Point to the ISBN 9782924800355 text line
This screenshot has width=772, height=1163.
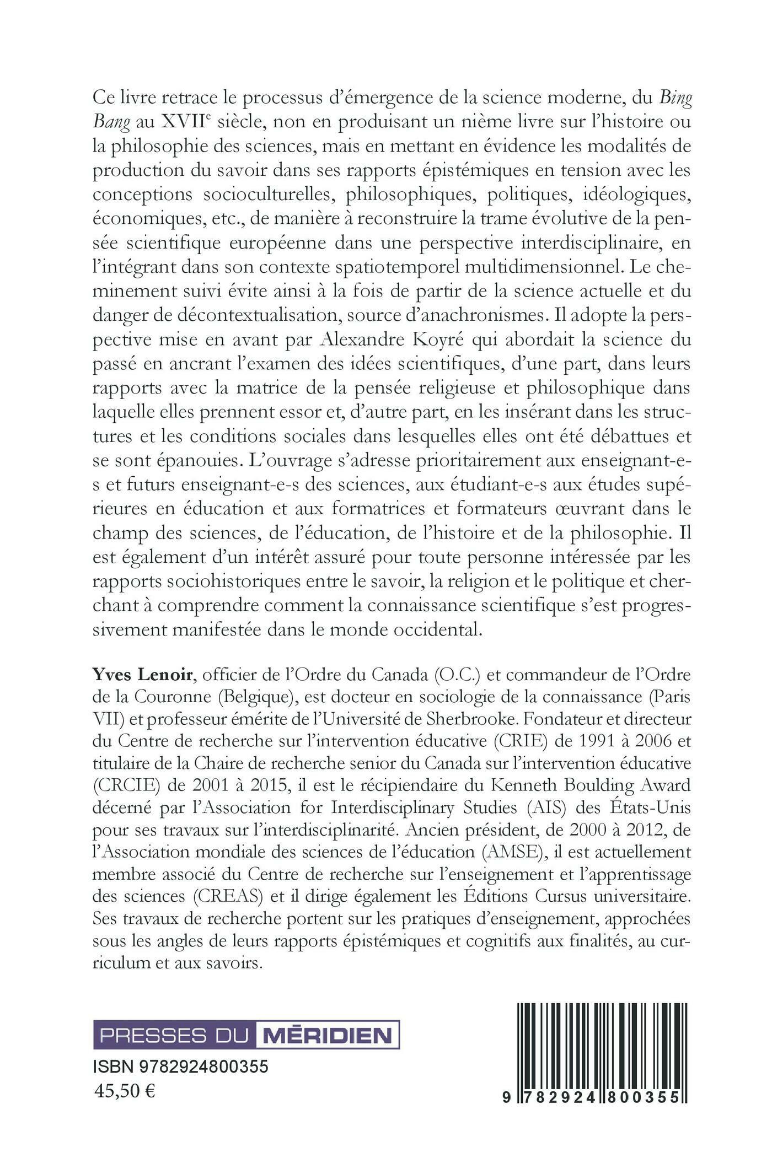[181, 1067]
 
